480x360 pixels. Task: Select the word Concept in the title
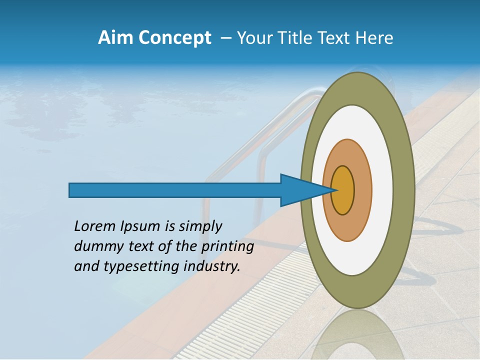pyautogui.click(x=174, y=37)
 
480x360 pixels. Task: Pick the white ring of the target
pyautogui.click(x=383, y=190)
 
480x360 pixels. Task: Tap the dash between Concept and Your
pyautogui.click(x=225, y=38)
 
